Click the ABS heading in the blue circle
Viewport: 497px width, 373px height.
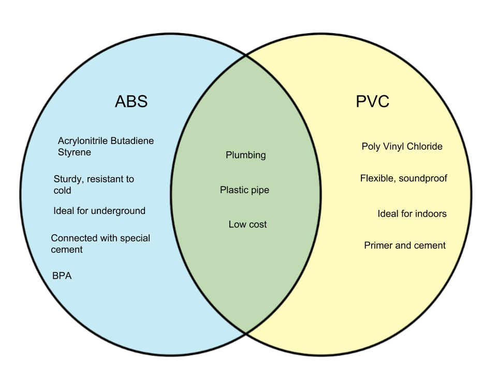[131, 101]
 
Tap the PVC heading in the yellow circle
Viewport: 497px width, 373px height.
[372, 102]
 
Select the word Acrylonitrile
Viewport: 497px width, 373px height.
[82, 141]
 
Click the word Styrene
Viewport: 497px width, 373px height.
[74, 152]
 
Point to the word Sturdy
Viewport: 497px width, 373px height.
[67, 179]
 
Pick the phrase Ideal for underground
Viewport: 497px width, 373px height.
[99, 211]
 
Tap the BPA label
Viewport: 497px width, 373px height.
[62, 276]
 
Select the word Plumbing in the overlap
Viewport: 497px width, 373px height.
[245, 155]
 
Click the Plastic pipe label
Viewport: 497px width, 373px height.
[244, 190]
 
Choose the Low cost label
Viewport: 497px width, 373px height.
[247, 224]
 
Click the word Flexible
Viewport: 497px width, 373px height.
[378, 179]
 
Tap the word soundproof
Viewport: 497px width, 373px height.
[423, 179]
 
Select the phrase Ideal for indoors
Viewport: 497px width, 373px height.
[412, 213]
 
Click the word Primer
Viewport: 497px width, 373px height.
[378, 246]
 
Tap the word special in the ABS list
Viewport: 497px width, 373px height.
[135, 238]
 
